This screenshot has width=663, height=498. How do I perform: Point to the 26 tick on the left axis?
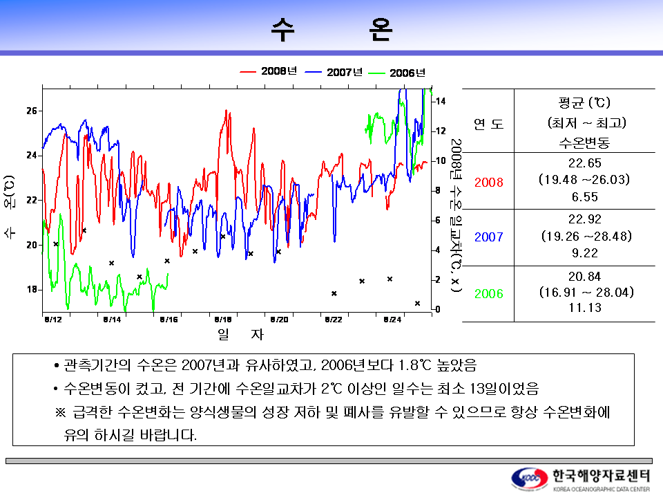(32, 111)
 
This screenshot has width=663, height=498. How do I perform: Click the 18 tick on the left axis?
(32, 289)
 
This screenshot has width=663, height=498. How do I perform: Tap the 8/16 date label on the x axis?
(169, 320)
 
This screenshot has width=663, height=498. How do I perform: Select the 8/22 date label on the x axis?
(333, 320)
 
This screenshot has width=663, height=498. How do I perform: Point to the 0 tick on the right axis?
(436, 309)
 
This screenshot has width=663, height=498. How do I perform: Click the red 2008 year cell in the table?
(488, 183)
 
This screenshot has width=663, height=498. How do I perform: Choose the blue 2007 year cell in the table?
(488, 237)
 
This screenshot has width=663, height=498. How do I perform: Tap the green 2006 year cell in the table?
(488, 294)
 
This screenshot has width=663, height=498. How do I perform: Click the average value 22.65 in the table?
(584, 163)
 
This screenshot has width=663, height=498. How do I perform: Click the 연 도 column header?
(488, 124)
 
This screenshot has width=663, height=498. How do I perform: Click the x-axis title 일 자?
(240, 335)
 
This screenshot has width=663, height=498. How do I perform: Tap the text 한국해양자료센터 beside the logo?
(601, 475)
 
